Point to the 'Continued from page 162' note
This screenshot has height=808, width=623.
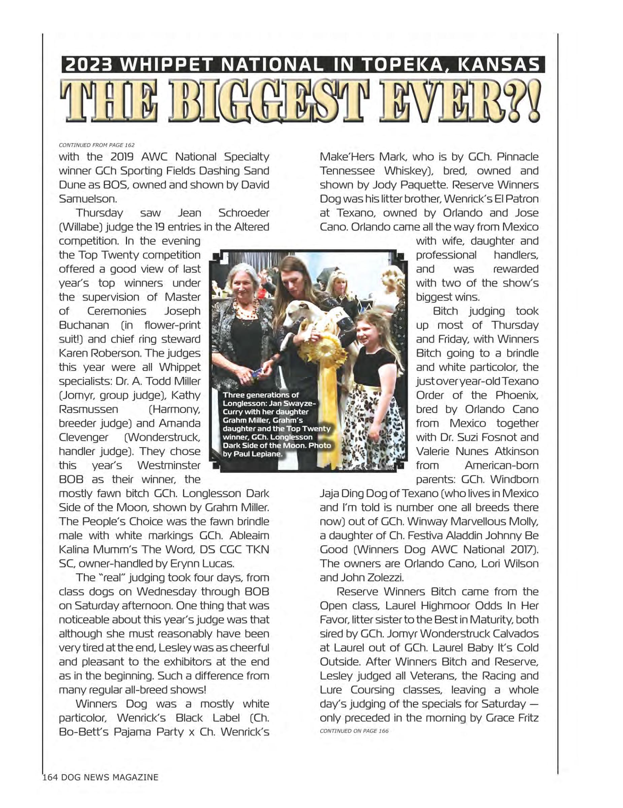[x=97, y=145]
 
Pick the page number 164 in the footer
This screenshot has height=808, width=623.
[x=50, y=777]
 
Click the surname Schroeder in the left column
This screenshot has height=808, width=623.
[x=243, y=213]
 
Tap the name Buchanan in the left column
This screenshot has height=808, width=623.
[x=84, y=326]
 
